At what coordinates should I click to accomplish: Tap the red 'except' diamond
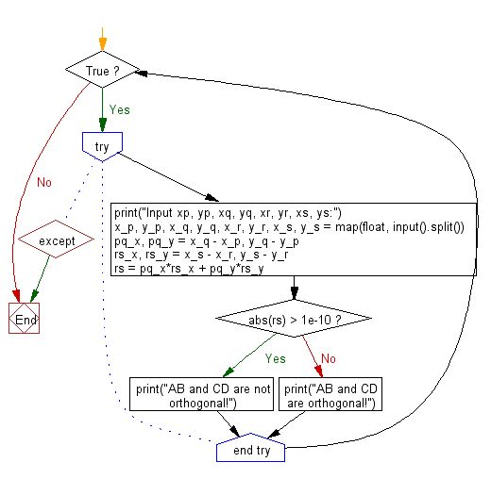pos(58,241)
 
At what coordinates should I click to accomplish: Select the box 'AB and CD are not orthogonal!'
pos(202,395)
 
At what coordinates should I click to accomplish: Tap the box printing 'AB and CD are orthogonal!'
pos(331,395)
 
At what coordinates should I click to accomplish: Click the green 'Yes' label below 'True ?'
pos(119,109)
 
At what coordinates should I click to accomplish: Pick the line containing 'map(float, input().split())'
pos(296,226)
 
